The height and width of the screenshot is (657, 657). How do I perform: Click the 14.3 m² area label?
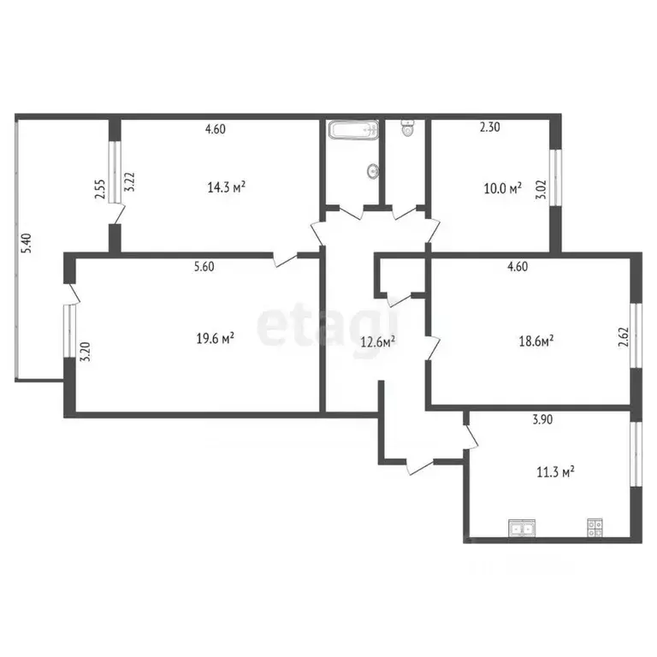pos(227,186)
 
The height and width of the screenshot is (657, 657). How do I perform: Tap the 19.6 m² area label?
pos(216,339)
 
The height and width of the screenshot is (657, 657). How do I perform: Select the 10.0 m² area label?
pos(503,189)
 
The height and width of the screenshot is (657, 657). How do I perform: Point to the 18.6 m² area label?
pos(536,340)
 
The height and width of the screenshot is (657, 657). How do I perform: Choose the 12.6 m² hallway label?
pos(376,342)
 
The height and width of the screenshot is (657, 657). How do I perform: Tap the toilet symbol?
pos(407,128)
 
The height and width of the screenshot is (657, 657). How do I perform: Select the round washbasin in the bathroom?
pos(373,171)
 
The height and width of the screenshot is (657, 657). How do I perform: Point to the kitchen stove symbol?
pos(594,528)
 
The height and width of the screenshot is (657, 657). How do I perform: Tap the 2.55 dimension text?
pos(100,188)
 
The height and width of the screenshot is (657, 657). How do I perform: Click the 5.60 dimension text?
pos(203,266)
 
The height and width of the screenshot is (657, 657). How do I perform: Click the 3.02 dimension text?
pos(540,187)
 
